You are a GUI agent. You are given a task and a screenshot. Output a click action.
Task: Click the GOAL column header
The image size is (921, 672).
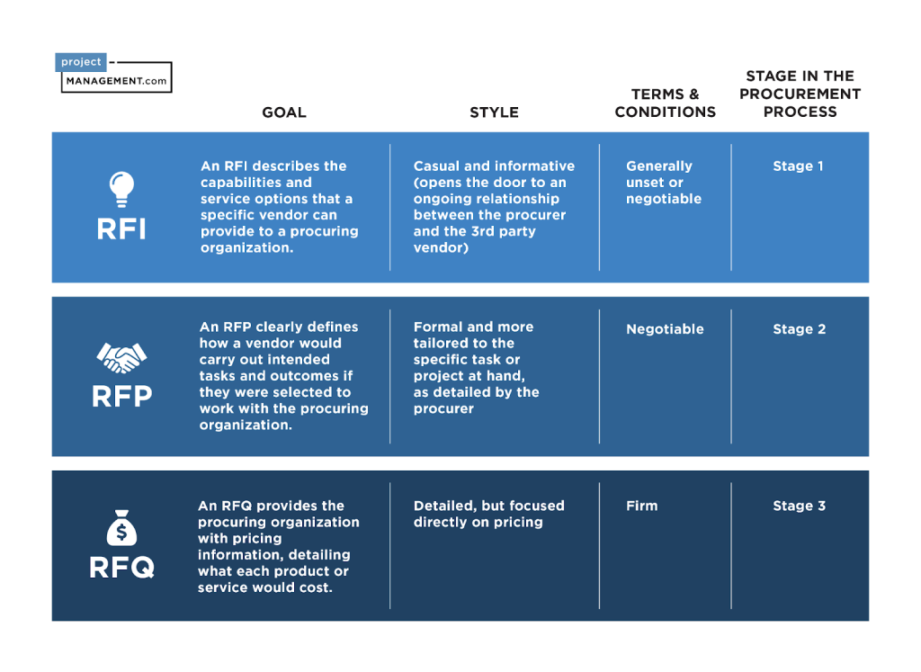(x=284, y=112)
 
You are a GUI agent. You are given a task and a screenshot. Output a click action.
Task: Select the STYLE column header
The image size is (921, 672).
(x=494, y=112)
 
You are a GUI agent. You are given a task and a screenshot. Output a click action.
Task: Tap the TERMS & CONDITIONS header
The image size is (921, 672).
(x=665, y=103)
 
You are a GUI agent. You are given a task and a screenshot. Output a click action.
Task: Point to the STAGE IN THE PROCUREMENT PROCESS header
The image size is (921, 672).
(x=800, y=94)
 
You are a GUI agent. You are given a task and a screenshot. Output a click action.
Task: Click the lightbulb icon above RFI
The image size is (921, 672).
(x=121, y=189)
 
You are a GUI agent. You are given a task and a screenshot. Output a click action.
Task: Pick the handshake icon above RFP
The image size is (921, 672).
(x=121, y=358)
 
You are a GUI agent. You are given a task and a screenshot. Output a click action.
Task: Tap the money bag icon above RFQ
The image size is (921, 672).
(x=121, y=527)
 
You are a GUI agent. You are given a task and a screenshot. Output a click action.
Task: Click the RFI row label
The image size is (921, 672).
(x=121, y=228)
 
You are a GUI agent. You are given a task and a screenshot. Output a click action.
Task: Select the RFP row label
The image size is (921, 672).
(x=122, y=396)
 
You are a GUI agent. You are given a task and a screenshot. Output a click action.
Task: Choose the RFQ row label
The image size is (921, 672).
(x=122, y=568)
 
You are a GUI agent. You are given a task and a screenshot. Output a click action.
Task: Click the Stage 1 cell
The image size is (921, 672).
(x=799, y=166)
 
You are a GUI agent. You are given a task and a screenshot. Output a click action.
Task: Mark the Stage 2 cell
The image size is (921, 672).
(x=800, y=329)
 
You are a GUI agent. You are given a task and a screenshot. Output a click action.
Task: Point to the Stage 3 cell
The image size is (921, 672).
(x=800, y=506)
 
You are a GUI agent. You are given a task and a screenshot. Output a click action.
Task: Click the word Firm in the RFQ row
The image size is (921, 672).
(x=642, y=506)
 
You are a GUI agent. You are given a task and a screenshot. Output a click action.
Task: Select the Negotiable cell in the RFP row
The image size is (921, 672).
(x=665, y=329)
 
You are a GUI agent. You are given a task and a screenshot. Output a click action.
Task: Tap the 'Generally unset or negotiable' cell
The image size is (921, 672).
(x=664, y=182)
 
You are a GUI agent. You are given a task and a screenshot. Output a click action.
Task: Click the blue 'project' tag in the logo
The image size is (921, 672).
(x=81, y=62)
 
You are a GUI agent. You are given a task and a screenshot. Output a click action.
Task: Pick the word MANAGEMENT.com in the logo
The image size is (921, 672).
(x=116, y=81)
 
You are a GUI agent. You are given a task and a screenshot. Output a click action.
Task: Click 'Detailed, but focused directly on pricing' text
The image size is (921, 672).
(x=488, y=514)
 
